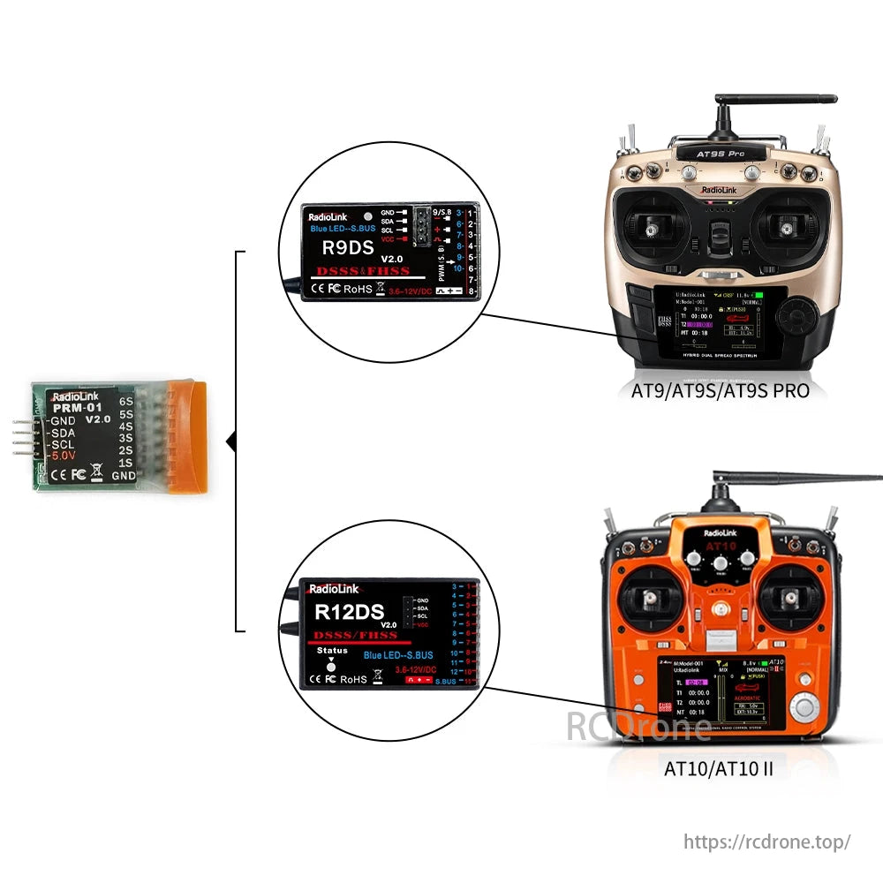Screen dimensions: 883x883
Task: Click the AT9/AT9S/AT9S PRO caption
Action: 720,390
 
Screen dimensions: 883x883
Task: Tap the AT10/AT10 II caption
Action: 718,768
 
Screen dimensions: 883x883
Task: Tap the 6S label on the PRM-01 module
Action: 126,401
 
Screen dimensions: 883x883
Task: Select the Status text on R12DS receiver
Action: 332,651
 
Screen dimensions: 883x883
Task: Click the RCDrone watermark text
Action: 638,728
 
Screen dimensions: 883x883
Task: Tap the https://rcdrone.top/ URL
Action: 766,841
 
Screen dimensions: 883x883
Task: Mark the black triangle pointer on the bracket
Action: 231,441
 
